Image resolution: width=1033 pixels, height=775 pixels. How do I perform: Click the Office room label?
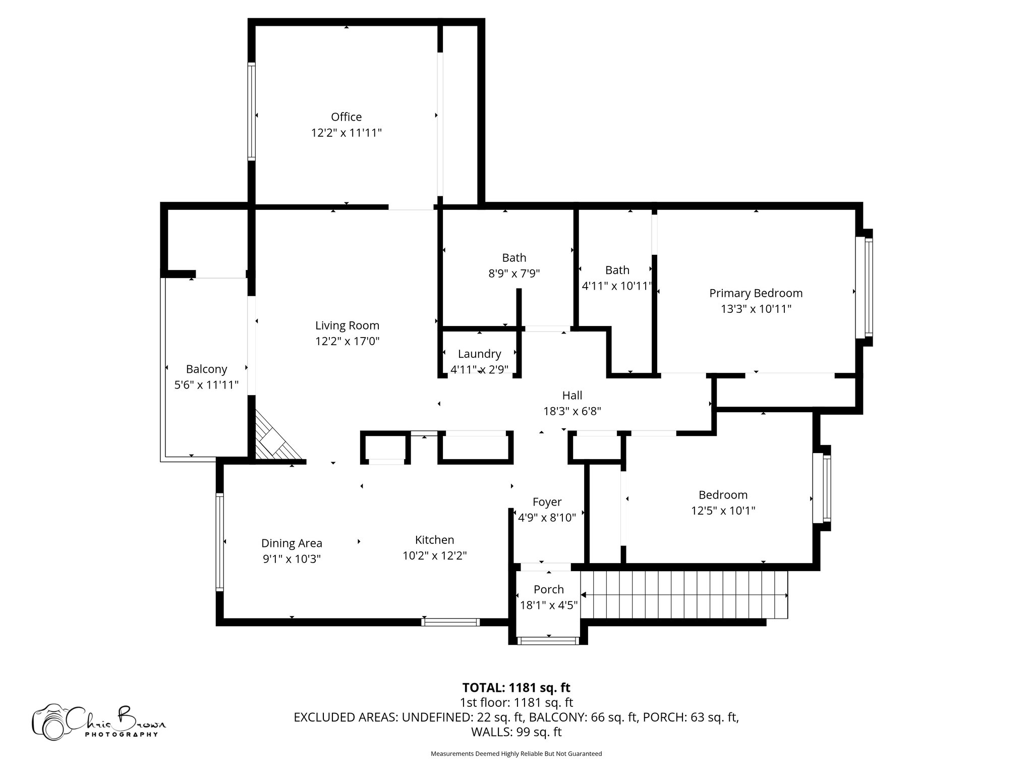click(346, 117)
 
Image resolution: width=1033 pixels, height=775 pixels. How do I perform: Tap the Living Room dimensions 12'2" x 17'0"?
click(347, 342)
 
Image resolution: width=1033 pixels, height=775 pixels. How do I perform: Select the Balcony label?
click(206, 369)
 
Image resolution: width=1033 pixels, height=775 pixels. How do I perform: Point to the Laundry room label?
click(479, 354)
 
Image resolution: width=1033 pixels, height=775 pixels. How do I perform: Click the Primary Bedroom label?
click(756, 293)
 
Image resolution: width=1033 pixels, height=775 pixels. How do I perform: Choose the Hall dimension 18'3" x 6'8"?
click(572, 411)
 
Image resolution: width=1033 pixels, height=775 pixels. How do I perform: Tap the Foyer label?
click(547, 502)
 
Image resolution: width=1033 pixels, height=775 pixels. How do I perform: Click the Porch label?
click(548, 589)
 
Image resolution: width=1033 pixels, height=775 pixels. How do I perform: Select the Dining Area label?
click(292, 543)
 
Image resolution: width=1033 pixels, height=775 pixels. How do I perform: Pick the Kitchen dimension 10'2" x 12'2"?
click(434, 556)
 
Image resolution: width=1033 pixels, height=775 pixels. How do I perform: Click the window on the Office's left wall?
click(251, 111)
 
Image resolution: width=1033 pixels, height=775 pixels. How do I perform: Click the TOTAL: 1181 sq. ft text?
click(516, 688)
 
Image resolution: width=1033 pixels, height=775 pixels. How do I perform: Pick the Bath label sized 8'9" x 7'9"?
click(514, 258)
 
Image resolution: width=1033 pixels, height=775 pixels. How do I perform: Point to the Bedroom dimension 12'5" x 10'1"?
click(723, 511)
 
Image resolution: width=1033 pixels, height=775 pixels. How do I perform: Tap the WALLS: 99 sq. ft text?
click(516, 732)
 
